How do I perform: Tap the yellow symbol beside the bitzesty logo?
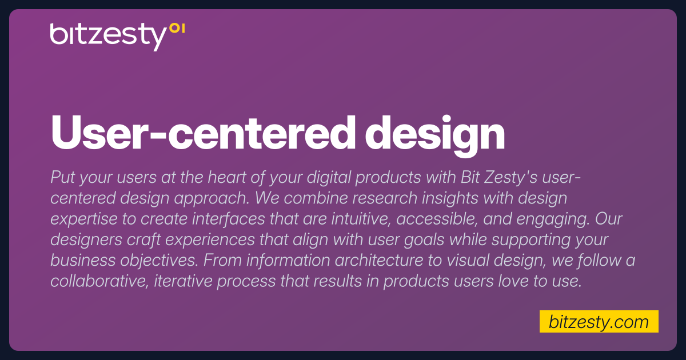[177, 29]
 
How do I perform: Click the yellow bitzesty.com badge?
[599, 322]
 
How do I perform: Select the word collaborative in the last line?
[98, 281]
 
